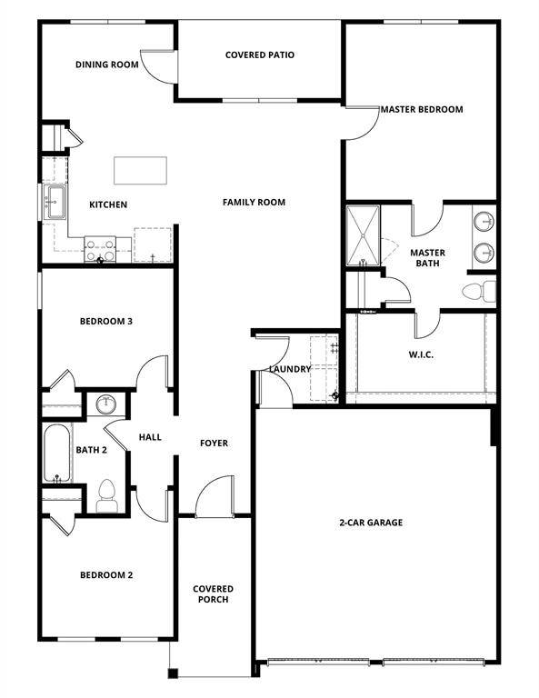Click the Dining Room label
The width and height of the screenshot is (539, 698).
106,65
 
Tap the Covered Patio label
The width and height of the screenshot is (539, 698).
260,55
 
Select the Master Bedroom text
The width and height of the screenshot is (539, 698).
422,109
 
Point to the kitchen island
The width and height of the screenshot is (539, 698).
140,170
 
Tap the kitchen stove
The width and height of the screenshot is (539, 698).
100,248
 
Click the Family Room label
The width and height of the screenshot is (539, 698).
255,202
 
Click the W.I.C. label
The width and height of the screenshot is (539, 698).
421,354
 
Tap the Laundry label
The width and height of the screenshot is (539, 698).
290,369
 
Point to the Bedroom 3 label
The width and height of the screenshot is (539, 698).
106,321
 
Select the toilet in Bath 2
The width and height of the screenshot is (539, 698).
105,495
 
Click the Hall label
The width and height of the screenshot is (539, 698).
150,437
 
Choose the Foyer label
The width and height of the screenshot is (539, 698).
214,443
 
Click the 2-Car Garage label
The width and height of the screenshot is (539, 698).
371,523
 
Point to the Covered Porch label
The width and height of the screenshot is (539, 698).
214,594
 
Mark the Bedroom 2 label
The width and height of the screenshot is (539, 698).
106,574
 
